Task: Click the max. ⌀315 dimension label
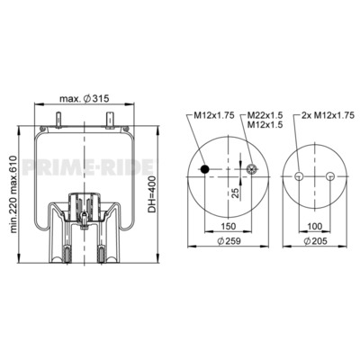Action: (84, 98)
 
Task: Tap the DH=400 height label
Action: (152, 194)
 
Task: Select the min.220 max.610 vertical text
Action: (14, 194)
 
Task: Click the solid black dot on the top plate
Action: (205, 169)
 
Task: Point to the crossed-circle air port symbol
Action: (251, 169)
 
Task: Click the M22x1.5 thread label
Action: (265, 115)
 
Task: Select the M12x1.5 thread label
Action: (265, 125)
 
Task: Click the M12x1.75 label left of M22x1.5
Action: (214, 115)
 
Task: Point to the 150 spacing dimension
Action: (229, 226)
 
